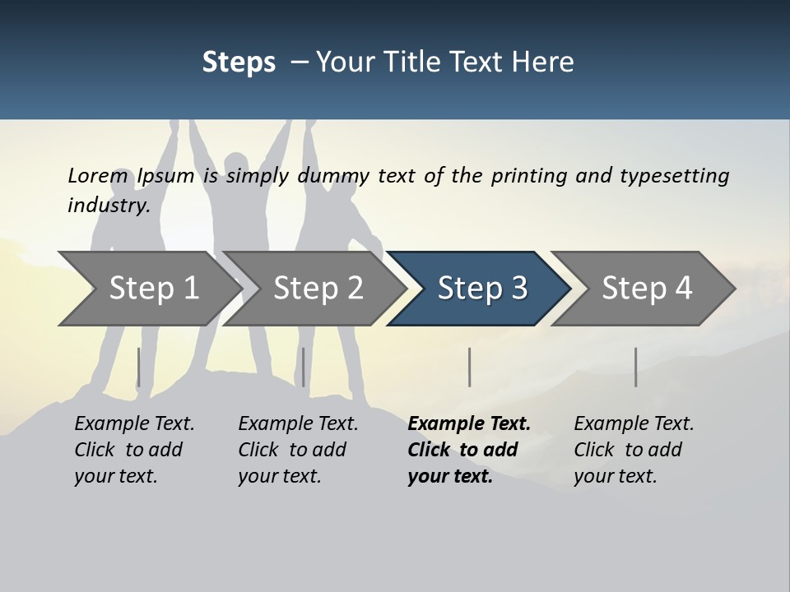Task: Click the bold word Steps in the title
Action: coord(239,62)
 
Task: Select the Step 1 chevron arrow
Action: coord(148,289)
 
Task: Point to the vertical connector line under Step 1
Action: coord(138,367)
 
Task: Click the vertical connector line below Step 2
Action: coord(304,367)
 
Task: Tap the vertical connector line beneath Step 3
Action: coord(469,367)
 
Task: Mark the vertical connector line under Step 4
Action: coord(635,367)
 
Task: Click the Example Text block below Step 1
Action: coord(133,450)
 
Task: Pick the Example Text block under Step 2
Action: coord(297,450)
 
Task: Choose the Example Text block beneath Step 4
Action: coord(633,450)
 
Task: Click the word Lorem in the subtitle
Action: coord(98,176)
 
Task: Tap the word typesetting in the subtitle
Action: coord(674,176)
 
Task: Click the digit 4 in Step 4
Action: coord(682,289)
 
